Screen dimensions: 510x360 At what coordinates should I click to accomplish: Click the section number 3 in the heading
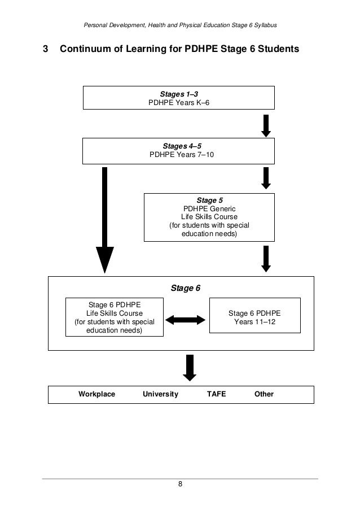[x=45, y=50]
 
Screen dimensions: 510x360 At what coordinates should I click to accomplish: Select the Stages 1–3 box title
[x=179, y=94]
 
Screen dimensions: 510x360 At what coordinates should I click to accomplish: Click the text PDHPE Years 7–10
[x=182, y=154]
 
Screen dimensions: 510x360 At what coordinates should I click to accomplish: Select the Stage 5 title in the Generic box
[x=209, y=200]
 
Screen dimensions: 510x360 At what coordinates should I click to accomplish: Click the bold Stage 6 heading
[x=185, y=288]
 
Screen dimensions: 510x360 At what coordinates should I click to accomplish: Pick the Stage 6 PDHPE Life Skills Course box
[x=115, y=317]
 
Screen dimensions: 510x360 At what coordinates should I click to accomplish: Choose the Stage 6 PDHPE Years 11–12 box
[x=254, y=317]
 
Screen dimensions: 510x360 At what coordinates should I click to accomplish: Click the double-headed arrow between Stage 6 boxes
[x=186, y=320]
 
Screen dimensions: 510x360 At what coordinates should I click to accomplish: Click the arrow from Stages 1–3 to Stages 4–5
[x=266, y=125]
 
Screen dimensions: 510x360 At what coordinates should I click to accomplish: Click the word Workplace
[x=96, y=394]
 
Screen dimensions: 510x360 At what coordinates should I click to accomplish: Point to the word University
[x=161, y=394]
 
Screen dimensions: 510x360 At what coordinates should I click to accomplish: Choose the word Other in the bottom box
[x=264, y=394]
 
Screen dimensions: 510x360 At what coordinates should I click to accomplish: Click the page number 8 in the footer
[x=180, y=484]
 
